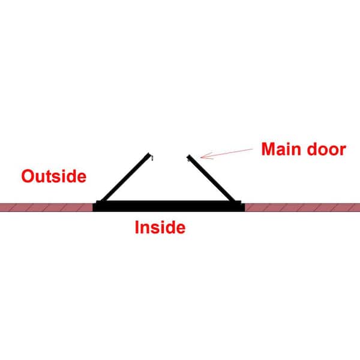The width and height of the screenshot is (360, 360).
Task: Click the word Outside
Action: click(54, 176)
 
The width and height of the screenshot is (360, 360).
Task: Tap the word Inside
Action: click(160, 227)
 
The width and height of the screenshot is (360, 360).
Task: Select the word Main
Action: click(281, 149)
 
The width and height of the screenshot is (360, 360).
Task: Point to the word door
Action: click(326, 149)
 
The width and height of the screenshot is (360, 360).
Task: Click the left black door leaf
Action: click(126, 178)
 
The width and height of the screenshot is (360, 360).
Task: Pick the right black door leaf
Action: click(211, 178)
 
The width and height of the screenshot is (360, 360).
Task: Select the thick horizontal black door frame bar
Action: click(169, 206)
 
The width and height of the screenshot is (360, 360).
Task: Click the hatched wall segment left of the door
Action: click(46, 208)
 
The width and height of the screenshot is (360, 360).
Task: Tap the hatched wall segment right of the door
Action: click(302, 208)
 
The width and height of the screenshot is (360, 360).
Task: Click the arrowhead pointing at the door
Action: click(205, 156)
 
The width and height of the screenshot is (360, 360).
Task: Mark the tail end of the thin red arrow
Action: click(253, 149)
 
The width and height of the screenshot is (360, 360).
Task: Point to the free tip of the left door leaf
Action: click(149, 155)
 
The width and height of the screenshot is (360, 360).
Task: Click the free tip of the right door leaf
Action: click(189, 156)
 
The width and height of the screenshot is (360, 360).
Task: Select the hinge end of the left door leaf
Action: click(103, 201)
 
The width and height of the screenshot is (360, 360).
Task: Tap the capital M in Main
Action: click(268, 149)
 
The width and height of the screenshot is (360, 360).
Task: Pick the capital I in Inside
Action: click(137, 227)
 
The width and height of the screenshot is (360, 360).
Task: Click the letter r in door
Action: click(343, 151)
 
